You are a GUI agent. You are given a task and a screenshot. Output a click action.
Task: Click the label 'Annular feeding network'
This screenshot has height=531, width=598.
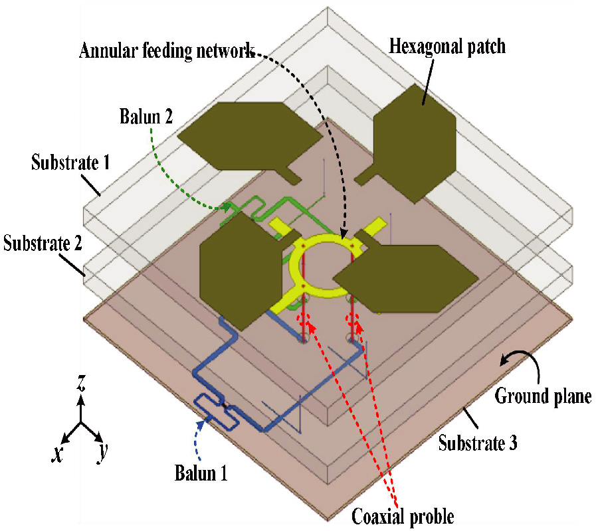coord(166,51)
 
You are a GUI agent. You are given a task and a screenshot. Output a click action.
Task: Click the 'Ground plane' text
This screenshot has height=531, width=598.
coord(543,398)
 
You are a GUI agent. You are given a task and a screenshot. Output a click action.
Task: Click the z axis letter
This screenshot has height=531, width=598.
coord(80,384)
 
